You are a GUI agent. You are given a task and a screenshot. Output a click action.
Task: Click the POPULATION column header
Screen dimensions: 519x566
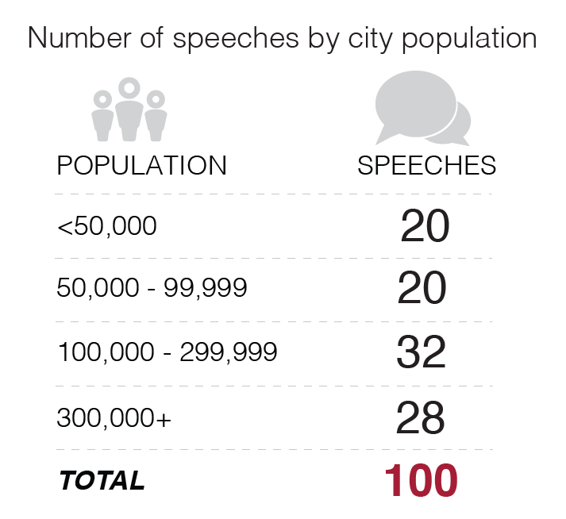point(141,165)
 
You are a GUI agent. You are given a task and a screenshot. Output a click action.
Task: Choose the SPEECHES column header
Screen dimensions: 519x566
point(426,165)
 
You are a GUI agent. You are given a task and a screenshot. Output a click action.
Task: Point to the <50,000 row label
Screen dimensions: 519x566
point(106,227)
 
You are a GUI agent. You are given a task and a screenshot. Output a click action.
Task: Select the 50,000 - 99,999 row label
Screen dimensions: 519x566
point(152,289)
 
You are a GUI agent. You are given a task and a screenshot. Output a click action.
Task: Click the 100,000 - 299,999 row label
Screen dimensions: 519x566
point(167,352)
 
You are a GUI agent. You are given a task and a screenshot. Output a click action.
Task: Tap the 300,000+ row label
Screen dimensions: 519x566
point(114,417)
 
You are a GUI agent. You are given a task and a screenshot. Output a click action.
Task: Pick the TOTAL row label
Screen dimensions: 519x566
point(102,480)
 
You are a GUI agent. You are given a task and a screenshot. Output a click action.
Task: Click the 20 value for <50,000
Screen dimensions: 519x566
point(425,227)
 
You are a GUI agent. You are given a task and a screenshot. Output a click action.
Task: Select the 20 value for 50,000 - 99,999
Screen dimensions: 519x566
point(422,290)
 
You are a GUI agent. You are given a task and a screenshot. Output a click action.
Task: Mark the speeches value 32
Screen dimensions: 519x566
point(422,353)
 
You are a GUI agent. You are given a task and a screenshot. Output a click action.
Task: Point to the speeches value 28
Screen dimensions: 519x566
point(422,417)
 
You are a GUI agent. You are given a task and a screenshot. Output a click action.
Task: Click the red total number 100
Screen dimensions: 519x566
point(421,480)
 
